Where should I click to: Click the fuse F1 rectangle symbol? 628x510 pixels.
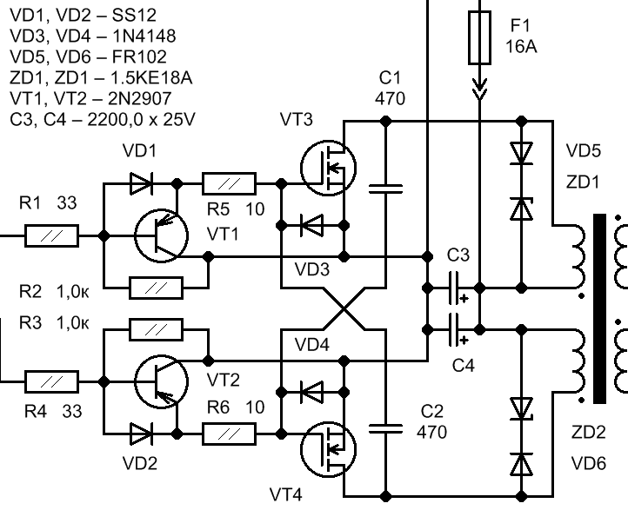click(479, 37)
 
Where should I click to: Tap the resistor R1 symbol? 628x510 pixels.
click(52, 236)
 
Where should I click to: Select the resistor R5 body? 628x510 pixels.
click(229, 184)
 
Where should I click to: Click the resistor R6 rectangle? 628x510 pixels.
click(229, 434)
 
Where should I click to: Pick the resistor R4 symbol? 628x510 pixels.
click(52, 381)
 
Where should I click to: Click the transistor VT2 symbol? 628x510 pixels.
click(162, 381)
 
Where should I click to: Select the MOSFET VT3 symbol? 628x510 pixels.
click(329, 168)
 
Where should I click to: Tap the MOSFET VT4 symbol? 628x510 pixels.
click(329, 449)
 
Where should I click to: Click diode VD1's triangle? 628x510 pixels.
click(141, 184)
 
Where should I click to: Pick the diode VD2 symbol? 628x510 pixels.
click(141, 434)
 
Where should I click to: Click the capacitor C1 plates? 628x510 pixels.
click(385, 189)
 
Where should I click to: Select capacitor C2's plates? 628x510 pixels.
click(385, 429)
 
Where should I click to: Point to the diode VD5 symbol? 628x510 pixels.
click(522, 153)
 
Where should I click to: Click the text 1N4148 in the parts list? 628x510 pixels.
click(144, 36)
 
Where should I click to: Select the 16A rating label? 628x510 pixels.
click(521, 47)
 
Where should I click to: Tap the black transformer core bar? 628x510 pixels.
click(599, 308)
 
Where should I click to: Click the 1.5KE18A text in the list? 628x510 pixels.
click(151, 77)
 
